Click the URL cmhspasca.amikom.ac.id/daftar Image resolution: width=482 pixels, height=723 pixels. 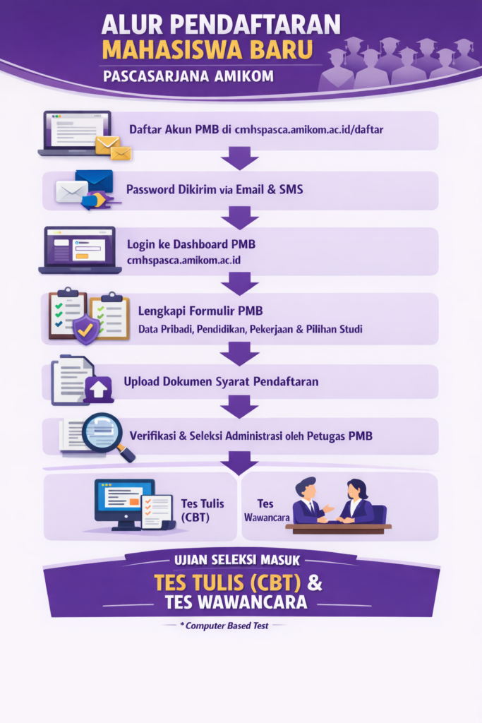(x=308, y=130)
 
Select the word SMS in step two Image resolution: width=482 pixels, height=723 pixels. (x=291, y=189)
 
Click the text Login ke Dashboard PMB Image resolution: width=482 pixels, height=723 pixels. (x=191, y=244)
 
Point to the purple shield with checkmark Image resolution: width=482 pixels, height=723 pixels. (x=85, y=329)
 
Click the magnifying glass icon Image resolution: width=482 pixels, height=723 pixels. (x=107, y=436)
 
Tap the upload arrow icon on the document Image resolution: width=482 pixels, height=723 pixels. (x=98, y=389)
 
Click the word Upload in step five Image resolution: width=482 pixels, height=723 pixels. (x=141, y=382)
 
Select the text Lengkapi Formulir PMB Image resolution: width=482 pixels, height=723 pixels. (x=200, y=311)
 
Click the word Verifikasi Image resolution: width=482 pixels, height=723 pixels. (x=152, y=436)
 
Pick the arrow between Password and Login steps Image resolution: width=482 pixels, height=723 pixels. (x=240, y=217)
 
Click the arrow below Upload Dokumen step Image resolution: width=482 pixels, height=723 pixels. (x=240, y=407)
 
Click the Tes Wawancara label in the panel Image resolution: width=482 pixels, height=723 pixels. (x=267, y=510)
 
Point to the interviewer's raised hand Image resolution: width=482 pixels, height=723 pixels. (x=329, y=508)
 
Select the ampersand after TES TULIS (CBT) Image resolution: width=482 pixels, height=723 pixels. (x=314, y=582)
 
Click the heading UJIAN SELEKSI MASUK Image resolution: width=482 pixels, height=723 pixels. (x=237, y=560)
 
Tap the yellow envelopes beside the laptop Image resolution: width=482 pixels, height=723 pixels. (x=114, y=148)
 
